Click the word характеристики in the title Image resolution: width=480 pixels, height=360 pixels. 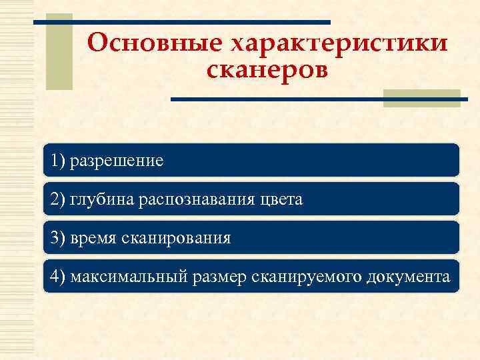click(339, 44)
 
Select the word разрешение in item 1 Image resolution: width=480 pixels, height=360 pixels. click(117, 161)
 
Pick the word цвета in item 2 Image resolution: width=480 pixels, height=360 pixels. click(283, 199)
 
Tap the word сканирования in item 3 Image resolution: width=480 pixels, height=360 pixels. click(177, 238)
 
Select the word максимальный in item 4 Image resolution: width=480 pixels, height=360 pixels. click(131, 277)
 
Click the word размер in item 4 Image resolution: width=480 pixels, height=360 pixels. click(224, 277)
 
